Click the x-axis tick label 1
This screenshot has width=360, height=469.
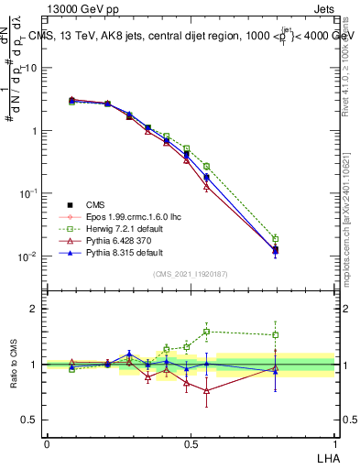[x=333, y=443]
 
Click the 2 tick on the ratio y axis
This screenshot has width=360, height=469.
[x=35, y=310]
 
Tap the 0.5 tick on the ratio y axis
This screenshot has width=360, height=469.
[x=31, y=420]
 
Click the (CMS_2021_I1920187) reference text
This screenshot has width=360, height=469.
[x=191, y=274]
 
